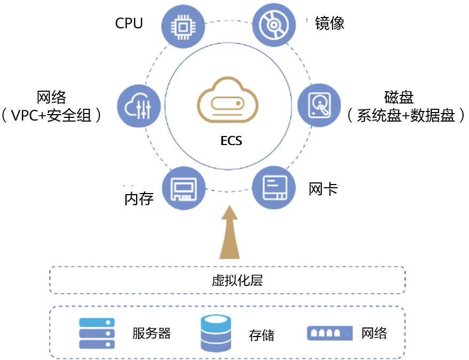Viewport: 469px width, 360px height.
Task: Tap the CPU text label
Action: (x=129, y=23)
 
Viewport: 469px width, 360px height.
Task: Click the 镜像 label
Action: (x=329, y=23)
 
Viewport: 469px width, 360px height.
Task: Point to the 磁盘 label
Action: (x=399, y=98)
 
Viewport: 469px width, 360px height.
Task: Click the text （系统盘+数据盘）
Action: (x=406, y=116)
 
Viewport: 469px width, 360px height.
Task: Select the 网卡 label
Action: (x=323, y=189)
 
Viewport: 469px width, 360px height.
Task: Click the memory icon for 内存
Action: (x=184, y=188)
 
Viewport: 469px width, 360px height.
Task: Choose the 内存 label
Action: (x=139, y=199)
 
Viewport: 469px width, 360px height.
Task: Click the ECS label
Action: (x=231, y=141)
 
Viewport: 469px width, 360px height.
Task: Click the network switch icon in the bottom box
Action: (x=330, y=333)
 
